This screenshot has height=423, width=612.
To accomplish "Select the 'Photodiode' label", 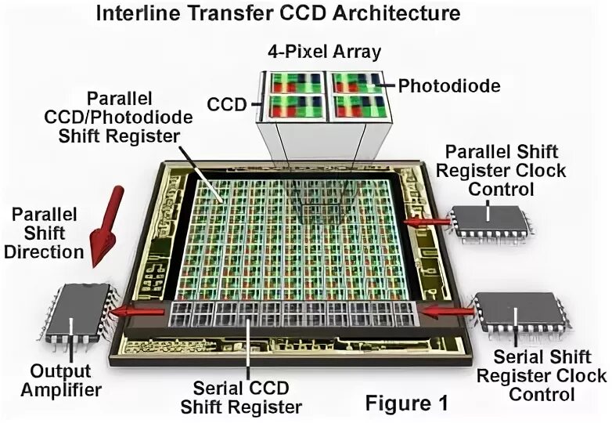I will [x=439, y=85].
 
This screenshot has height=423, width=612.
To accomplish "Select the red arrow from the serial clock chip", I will [x=442, y=311].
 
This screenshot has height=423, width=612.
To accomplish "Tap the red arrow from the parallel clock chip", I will [x=427, y=222].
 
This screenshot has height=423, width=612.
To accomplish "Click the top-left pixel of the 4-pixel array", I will [x=296, y=83].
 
